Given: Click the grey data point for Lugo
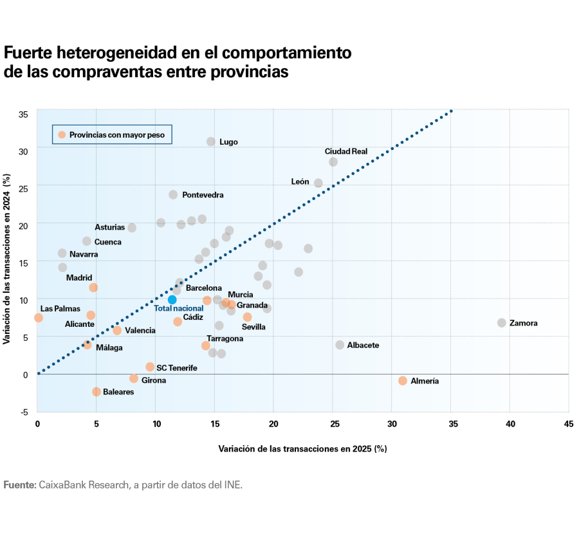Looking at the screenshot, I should [211, 142].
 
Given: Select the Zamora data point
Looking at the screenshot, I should [502, 322].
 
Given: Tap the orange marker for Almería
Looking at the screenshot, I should [403, 381].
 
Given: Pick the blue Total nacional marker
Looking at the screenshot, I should [172, 300].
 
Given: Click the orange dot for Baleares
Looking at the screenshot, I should [96, 392].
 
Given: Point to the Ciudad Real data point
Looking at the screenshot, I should [333, 162].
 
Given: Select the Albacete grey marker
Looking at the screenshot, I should [340, 345].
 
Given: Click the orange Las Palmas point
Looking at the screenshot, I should [39, 318].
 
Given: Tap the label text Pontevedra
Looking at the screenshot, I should [203, 195].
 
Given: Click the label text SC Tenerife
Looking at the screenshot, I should [176, 368].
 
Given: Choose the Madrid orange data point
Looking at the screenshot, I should [93, 288].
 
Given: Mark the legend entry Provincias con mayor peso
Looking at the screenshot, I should [116, 135].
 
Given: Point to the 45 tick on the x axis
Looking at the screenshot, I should [569, 424].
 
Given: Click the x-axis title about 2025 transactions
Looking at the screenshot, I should [302, 448].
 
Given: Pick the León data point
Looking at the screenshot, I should [318, 183].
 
